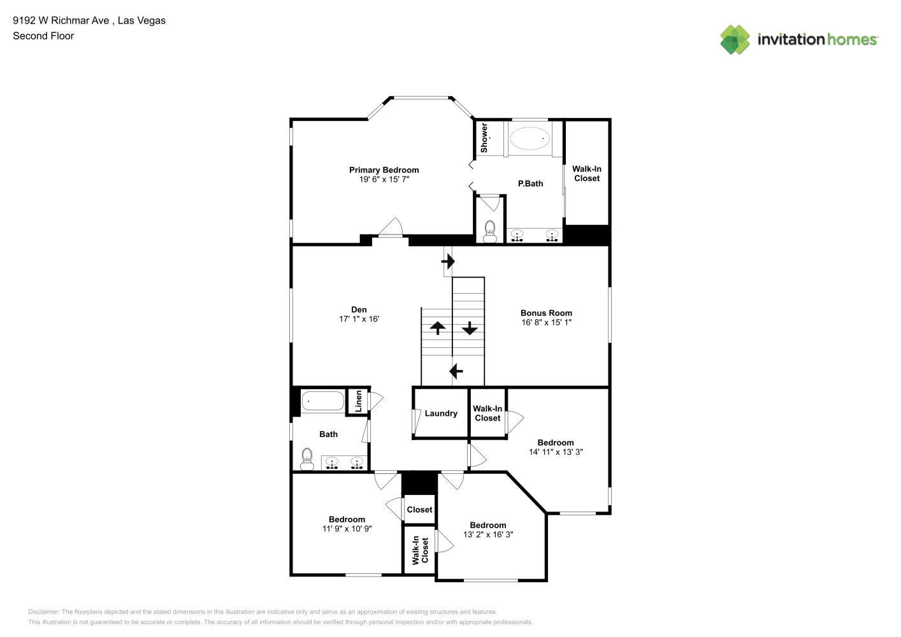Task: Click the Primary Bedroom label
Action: pyautogui.click(x=384, y=170)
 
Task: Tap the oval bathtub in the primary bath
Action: pyautogui.click(x=530, y=138)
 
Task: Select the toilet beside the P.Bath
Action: pyautogui.click(x=489, y=232)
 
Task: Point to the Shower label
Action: pyautogui.click(x=484, y=138)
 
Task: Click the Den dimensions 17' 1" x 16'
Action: pyautogui.click(x=359, y=319)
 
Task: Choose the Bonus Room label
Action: pyautogui.click(x=546, y=313)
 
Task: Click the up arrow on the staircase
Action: pyautogui.click(x=437, y=328)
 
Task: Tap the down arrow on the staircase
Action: pyautogui.click(x=470, y=328)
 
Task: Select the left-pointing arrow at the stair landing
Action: pyautogui.click(x=456, y=371)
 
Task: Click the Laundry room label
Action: pyautogui.click(x=441, y=413)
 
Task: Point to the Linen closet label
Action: pyautogui.click(x=358, y=401)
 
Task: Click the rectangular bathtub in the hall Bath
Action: pyautogui.click(x=322, y=401)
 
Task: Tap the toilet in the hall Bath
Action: pyautogui.click(x=307, y=459)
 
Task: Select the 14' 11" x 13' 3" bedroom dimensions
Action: pyautogui.click(x=556, y=452)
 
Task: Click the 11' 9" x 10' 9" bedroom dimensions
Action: pyautogui.click(x=347, y=529)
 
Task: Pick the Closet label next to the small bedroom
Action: pyautogui.click(x=419, y=510)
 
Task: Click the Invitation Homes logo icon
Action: pyautogui.click(x=735, y=39)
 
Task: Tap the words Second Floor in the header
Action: pyautogui.click(x=43, y=36)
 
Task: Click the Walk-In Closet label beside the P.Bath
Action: pyautogui.click(x=587, y=174)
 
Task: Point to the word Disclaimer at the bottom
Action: pyautogui.click(x=43, y=612)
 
